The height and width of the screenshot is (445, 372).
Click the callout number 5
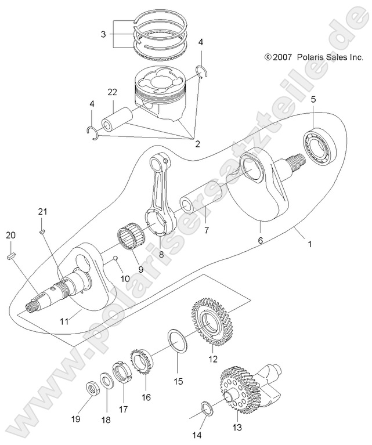point(313,99)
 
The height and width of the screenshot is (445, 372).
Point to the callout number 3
point(103,34)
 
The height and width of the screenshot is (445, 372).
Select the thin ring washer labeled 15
point(176,342)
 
